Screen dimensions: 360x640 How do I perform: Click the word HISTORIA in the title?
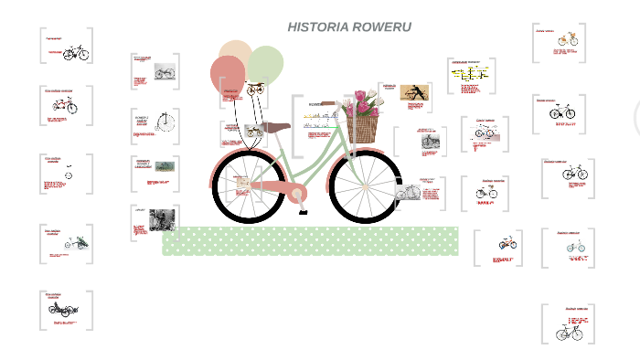316,26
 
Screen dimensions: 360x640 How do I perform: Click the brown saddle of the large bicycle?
272,127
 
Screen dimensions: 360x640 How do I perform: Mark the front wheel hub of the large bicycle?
365,187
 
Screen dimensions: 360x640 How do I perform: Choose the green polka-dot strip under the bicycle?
310,241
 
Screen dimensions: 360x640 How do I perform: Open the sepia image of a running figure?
415,93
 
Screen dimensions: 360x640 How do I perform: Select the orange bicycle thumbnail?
569,38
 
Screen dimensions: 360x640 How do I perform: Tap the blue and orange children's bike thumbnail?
507,244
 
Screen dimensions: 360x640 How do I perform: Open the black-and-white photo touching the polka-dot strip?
162,219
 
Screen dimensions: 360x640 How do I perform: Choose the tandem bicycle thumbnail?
76,53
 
